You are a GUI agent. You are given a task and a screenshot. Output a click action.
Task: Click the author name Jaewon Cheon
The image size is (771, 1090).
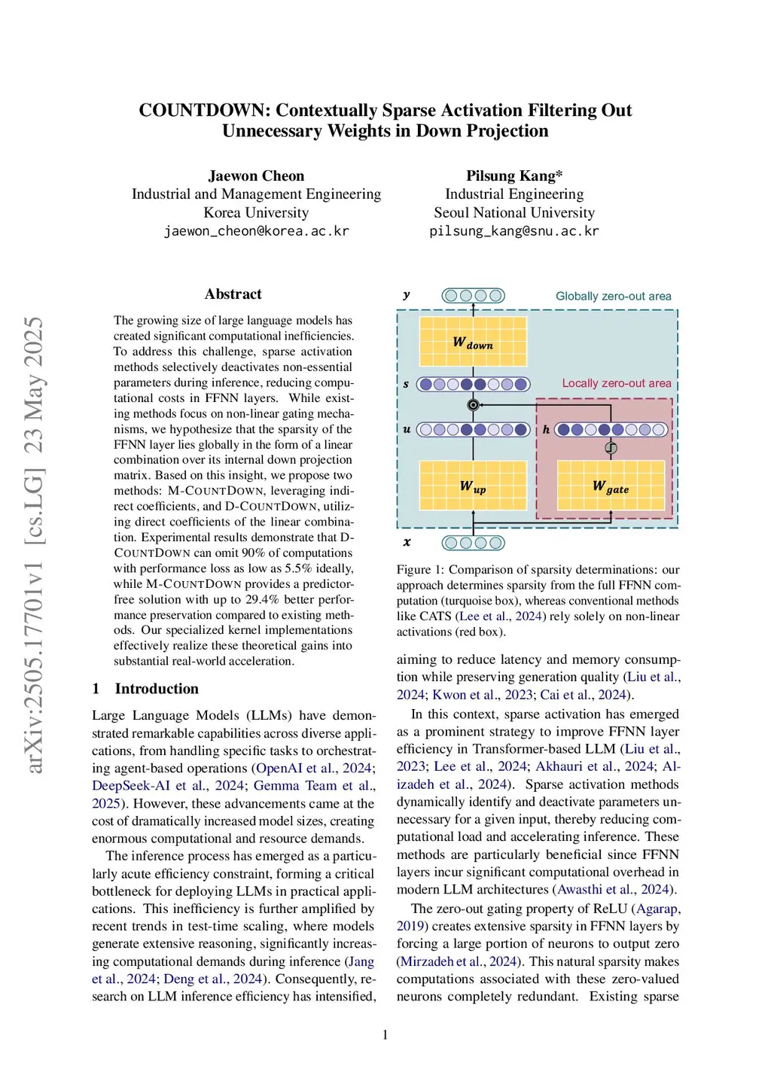[x=256, y=175]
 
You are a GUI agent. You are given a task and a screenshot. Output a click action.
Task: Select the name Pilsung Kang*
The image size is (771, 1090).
[x=513, y=175]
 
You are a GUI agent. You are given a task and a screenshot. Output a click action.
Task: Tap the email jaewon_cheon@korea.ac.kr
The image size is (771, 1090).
[x=256, y=231]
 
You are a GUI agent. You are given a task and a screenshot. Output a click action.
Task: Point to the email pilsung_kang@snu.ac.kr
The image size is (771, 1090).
[x=513, y=231]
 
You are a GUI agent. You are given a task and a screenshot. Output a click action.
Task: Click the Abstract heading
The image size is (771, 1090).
[x=233, y=294]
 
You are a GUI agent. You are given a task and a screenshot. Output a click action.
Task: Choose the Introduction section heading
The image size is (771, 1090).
[x=157, y=689]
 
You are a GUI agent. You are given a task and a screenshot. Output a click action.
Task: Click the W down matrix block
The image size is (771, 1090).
[x=473, y=342]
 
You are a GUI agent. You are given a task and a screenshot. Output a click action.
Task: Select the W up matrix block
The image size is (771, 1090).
[x=473, y=486]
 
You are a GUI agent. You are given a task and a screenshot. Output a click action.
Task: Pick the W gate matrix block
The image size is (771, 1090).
[x=611, y=486]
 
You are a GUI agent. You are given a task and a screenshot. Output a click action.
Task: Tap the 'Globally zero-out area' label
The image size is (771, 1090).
[x=613, y=297]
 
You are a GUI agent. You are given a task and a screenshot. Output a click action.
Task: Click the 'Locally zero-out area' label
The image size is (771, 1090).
[x=616, y=383]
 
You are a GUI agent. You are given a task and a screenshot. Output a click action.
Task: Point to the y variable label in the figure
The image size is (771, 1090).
[x=407, y=295]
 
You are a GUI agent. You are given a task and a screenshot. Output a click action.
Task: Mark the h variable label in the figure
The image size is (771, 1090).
[x=546, y=430]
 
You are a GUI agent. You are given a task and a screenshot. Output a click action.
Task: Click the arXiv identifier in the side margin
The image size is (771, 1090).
[x=34, y=545]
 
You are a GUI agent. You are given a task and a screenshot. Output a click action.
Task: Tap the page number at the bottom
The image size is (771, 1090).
[x=385, y=1035]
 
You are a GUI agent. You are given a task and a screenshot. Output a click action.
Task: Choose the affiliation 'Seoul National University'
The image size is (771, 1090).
[x=513, y=212]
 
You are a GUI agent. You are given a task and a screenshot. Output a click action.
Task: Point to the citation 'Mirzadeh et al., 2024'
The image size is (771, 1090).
[x=459, y=962]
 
